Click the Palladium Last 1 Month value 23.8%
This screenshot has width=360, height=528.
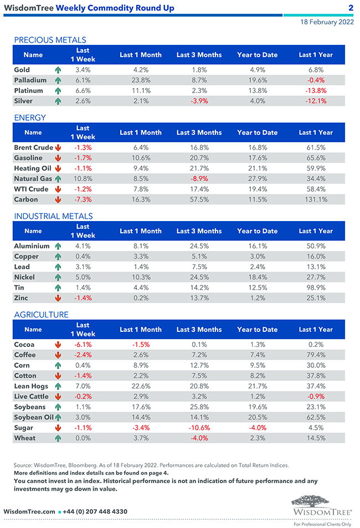pyautogui.click(x=140, y=80)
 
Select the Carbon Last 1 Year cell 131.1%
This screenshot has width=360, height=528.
pyautogui.click(x=316, y=199)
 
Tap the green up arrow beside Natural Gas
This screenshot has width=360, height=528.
pyautogui.click(x=58, y=179)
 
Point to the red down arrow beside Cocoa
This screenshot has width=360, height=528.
pyautogui.click(x=58, y=345)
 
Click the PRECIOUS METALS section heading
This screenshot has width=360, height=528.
pyautogui.click(x=50, y=40)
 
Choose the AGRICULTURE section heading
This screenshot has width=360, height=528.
pyautogui.click(x=41, y=315)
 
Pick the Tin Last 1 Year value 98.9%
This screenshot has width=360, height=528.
pyautogui.click(x=316, y=288)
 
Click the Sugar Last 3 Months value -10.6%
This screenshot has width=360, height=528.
pyautogui.click(x=199, y=428)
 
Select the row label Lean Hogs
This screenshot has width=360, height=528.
pyautogui.click(x=30, y=386)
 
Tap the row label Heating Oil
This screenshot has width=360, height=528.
pyautogui.click(x=32, y=168)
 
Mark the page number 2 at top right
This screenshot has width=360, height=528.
pyautogui.click(x=351, y=8)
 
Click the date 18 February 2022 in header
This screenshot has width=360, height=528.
pyautogui.click(x=327, y=23)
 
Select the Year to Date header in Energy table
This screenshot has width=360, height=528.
pyautogui.click(x=257, y=132)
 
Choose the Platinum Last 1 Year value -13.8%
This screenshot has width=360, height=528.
pyautogui.click(x=316, y=91)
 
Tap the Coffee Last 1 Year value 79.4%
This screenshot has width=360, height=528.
pyautogui.click(x=316, y=355)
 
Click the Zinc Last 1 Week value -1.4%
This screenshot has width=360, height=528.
pyautogui.click(x=83, y=298)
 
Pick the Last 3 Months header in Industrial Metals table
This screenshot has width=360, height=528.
pyautogui.click(x=199, y=231)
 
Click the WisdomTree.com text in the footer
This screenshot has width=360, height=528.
pyautogui.click(x=29, y=511)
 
